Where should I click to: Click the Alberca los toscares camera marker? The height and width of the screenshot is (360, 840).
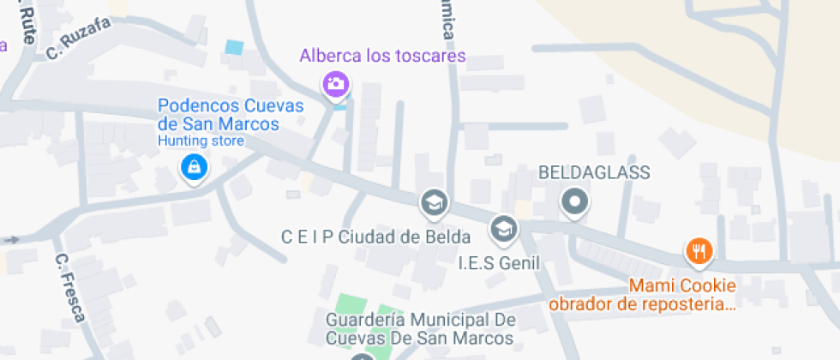335,84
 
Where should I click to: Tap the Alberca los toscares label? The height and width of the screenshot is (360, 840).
382,57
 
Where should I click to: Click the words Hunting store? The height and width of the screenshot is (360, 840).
189,141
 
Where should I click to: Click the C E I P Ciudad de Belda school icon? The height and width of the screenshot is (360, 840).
434,203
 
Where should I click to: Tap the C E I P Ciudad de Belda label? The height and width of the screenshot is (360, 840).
376,237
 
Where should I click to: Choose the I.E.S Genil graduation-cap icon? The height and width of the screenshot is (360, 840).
503,228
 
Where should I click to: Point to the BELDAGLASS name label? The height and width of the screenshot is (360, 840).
594,172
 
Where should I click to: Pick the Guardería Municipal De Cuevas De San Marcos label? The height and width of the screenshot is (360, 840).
420,328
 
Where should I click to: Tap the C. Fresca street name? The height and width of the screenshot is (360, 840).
69,288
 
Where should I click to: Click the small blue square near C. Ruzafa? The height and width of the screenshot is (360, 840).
233,48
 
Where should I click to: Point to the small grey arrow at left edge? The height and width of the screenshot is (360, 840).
11,239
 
